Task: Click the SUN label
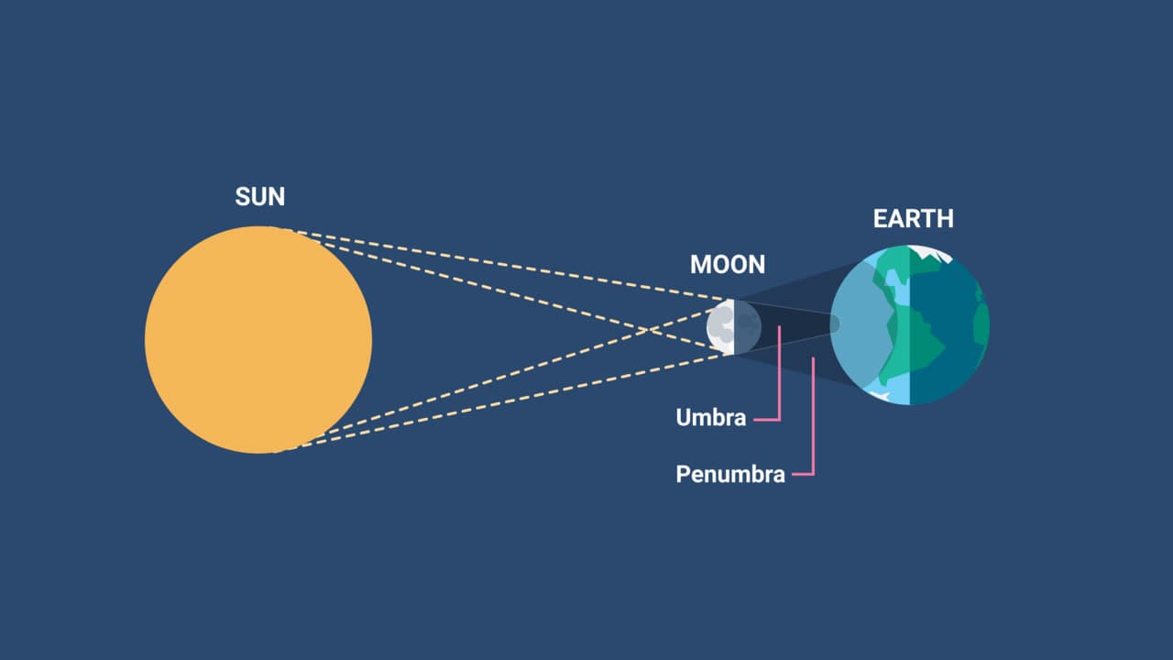tap(259, 197)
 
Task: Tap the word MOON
tap(728, 265)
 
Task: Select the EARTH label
tap(914, 218)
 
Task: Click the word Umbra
tap(710, 417)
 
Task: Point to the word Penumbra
tap(730, 475)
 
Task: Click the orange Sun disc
tap(258, 339)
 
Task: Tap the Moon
tap(734, 326)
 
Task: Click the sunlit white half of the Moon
tap(720, 326)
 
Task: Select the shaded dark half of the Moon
tap(748, 326)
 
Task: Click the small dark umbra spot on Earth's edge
tap(835, 324)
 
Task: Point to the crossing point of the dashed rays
tap(649, 329)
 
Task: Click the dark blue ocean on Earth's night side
tap(948, 314)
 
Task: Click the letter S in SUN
tap(243, 197)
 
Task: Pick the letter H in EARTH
tap(946, 218)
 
